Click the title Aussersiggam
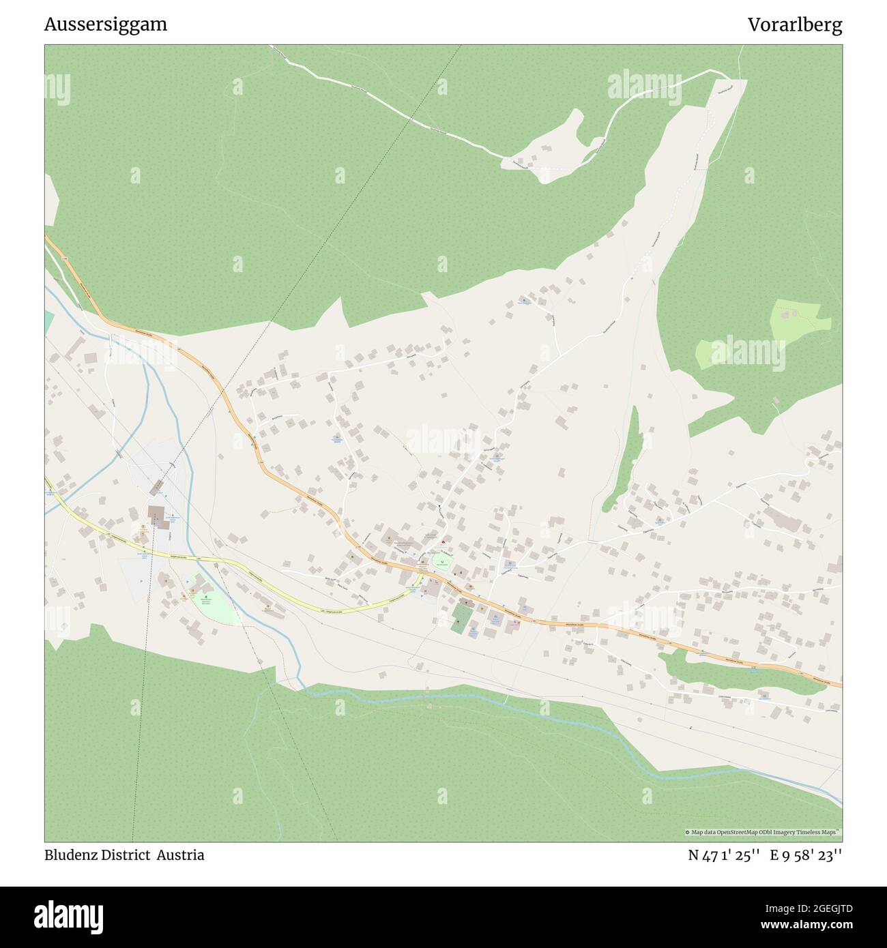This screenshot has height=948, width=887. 106,25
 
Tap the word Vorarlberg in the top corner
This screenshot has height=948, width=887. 794,25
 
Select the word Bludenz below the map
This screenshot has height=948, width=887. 70,855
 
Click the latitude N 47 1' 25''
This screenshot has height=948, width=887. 725,855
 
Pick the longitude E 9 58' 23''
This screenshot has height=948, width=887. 806,855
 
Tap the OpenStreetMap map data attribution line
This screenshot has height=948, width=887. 763,832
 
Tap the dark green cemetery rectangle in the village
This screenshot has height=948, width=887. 461,617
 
